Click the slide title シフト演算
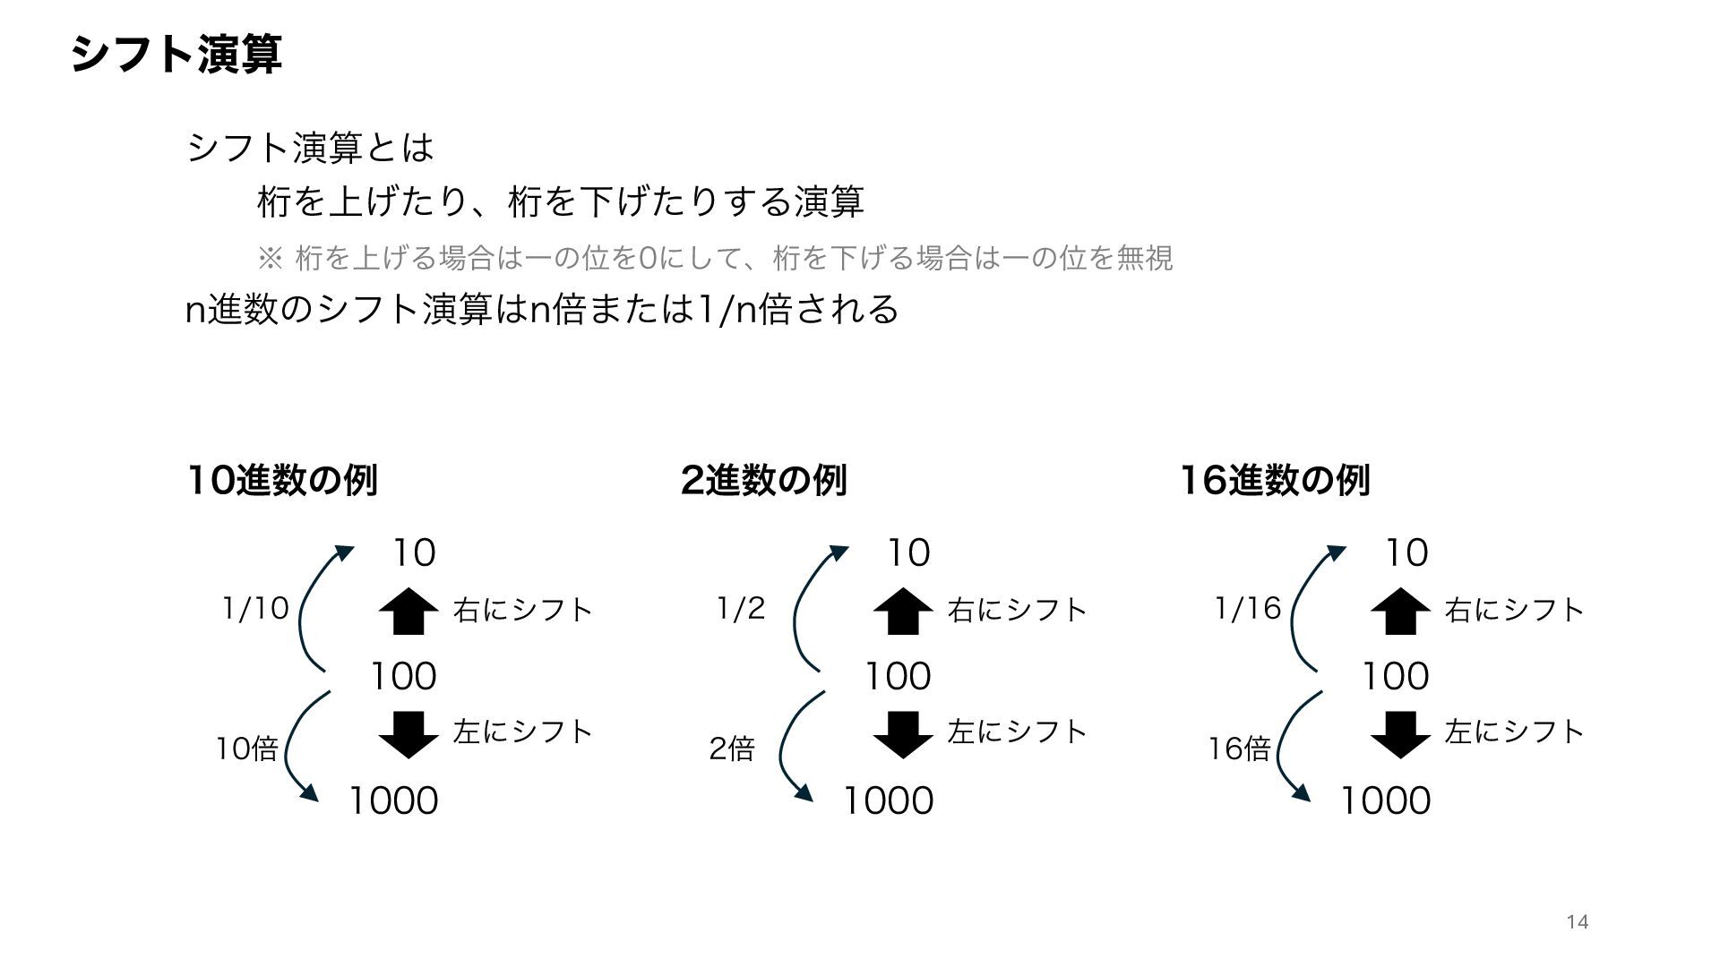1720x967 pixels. point(176,55)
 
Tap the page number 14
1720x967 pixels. point(1578,922)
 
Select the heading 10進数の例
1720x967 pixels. point(282,480)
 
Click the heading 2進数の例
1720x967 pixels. point(763,480)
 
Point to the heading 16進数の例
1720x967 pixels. point(1274,480)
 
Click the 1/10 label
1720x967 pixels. point(255,609)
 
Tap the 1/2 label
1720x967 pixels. point(741,609)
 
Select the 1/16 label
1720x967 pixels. point(1248,609)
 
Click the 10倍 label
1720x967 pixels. point(246,748)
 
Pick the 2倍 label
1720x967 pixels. point(732,748)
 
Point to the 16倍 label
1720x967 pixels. point(1239,748)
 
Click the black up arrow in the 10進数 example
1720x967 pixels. point(408,611)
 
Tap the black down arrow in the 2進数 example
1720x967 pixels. point(903,734)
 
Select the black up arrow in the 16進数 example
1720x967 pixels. point(1400,611)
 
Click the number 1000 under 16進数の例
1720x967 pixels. point(1385,800)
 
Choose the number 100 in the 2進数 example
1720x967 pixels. point(898,676)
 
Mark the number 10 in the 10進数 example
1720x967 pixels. point(414,552)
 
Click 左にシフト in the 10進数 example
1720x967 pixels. point(523,732)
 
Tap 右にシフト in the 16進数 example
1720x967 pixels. point(1515,610)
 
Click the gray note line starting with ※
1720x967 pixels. point(715,259)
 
